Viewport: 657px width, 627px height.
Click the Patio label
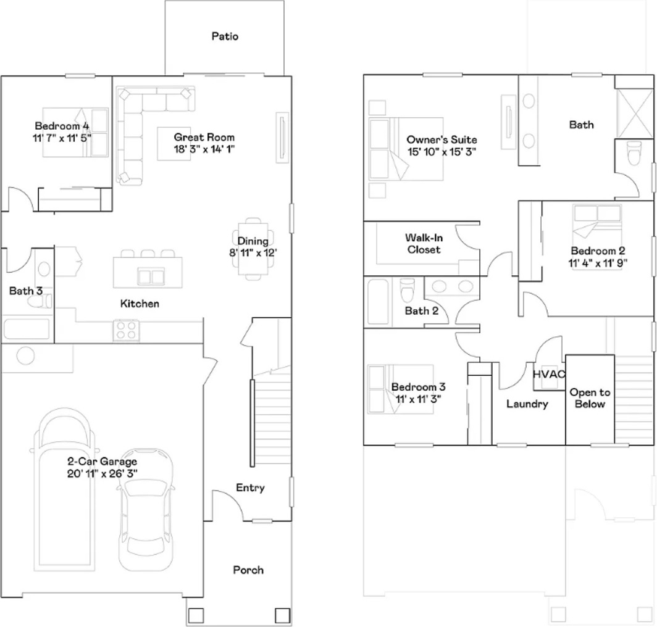coord(225,36)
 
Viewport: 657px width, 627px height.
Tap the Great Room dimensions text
coord(204,149)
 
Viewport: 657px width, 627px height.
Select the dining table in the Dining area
coord(253,249)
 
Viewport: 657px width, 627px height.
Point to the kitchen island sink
coord(151,277)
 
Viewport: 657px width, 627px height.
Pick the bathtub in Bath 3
coord(27,329)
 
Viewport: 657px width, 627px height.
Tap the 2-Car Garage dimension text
coord(103,474)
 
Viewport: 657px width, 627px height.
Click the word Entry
coord(250,488)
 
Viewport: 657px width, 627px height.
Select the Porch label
coord(248,570)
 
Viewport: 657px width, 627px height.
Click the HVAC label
coord(549,374)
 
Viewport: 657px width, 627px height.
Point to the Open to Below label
coord(590,398)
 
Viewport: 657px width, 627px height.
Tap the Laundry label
coord(527,404)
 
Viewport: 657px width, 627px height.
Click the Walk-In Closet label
coord(424,244)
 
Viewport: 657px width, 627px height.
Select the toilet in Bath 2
coord(408,290)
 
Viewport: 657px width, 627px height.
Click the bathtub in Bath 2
coord(379,302)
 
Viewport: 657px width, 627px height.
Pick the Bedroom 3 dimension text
coord(418,399)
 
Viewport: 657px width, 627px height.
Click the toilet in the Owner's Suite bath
coord(634,153)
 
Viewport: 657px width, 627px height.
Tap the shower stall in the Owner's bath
coord(634,113)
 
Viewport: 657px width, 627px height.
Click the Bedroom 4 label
coord(62,126)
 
